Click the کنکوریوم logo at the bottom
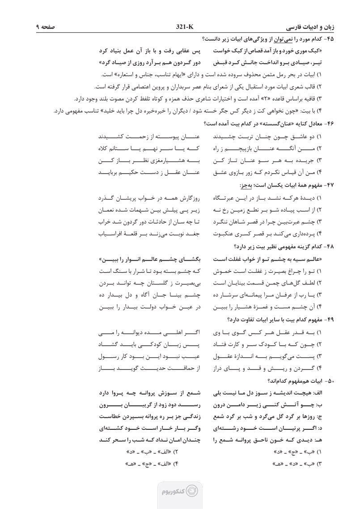(180, 491)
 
